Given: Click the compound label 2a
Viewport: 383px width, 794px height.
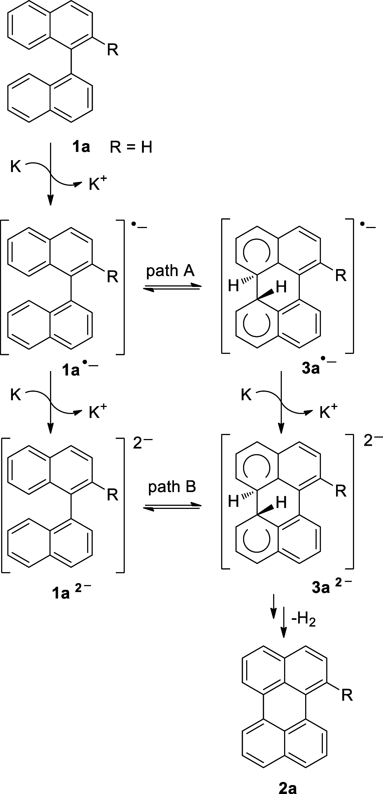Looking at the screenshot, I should pos(287,788).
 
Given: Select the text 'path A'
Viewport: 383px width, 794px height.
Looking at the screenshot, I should pos(170,271).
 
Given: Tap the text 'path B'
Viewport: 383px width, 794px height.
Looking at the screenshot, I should pos(172,486).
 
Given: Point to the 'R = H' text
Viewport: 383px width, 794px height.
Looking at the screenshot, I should pos(131,147).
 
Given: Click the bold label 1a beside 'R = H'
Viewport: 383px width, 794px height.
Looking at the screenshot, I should pos(81,147).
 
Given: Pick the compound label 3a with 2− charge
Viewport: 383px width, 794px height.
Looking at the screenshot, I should pos(331,587).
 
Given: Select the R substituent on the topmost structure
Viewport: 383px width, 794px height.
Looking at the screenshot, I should pos(113,50).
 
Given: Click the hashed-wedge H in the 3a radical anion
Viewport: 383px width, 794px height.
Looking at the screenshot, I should pos(234,286).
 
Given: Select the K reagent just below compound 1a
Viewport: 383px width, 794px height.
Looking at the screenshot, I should pos(15,167).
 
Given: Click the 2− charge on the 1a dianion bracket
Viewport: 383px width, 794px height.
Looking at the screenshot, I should pos(142,443).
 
